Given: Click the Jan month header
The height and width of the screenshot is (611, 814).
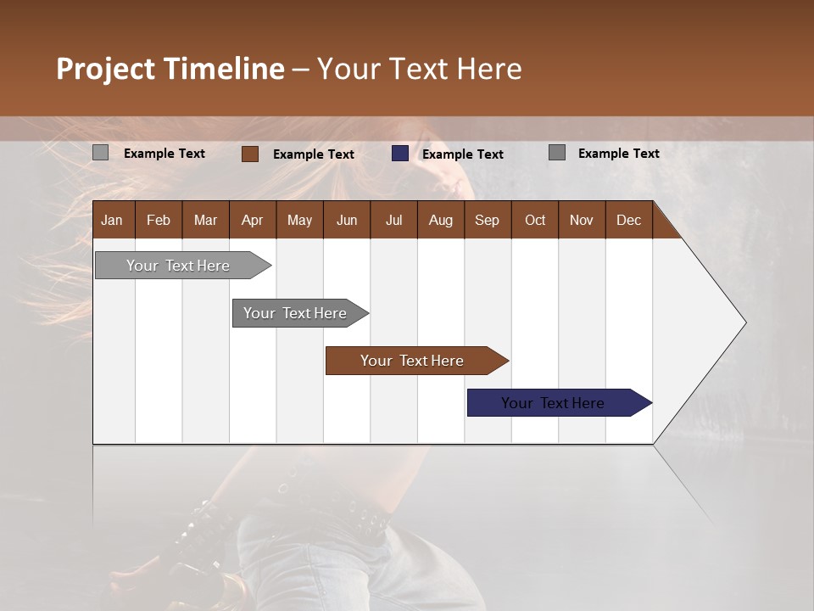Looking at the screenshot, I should [x=113, y=220].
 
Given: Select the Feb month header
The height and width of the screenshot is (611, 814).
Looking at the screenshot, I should [x=159, y=220].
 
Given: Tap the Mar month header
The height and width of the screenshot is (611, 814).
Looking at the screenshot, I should [x=205, y=220].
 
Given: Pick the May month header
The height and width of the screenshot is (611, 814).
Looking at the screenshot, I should [x=299, y=220].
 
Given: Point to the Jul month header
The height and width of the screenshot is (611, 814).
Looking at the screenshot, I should [x=393, y=220].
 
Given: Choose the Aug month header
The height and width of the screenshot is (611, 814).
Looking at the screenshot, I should [x=440, y=220].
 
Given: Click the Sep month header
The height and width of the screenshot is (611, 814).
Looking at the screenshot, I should [x=487, y=220].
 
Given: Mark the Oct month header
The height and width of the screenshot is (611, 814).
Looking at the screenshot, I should [x=535, y=220].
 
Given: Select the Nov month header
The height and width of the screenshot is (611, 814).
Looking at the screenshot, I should [x=582, y=220].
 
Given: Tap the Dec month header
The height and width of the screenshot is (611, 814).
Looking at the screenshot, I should [x=628, y=220].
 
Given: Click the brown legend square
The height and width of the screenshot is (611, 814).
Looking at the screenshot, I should [x=249, y=154].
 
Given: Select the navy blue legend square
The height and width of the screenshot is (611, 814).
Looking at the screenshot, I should [x=399, y=154].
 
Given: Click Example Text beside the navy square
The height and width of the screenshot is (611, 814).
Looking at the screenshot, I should [x=462, y=154].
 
